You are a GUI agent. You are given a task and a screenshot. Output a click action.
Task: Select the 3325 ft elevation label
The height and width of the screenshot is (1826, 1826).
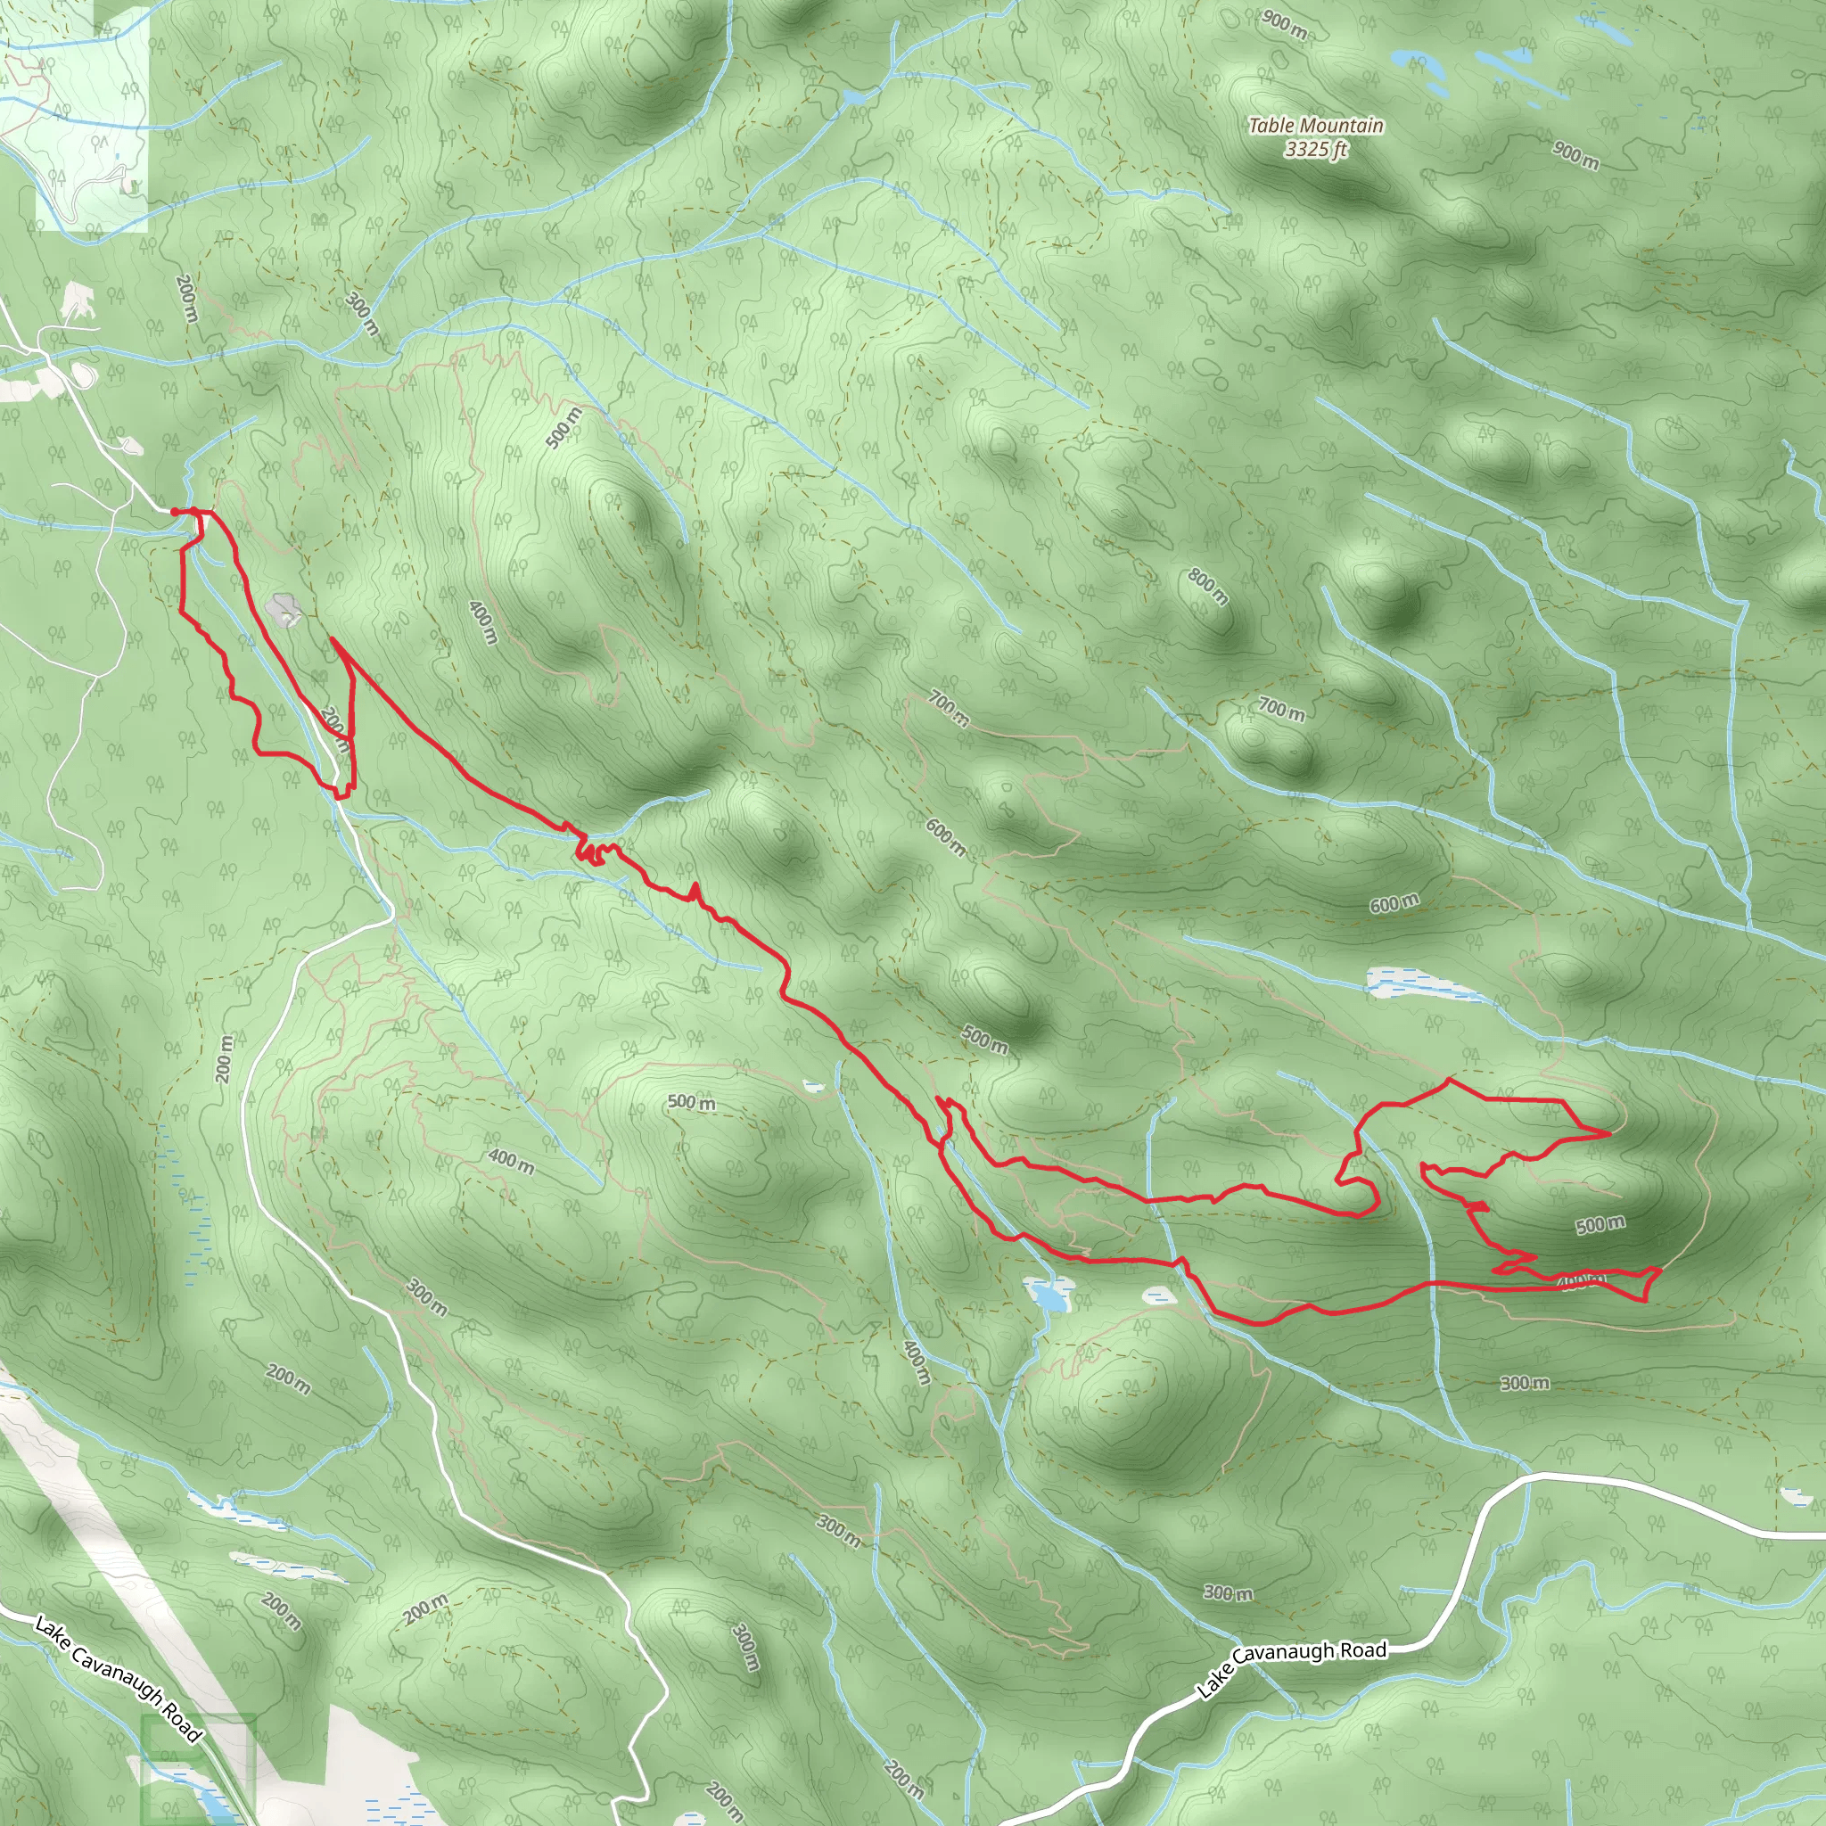tap(1316, 149)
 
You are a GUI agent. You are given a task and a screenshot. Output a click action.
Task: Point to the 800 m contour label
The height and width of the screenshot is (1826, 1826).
tap(1209, 587)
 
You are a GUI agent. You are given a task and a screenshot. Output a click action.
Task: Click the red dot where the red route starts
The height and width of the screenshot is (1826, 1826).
tap(175, 511)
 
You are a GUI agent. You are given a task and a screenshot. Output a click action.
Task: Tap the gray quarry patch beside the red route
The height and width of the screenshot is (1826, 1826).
tap(283, 610)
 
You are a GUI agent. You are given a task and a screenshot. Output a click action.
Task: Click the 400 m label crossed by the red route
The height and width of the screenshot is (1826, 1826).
tap(1579, 1280)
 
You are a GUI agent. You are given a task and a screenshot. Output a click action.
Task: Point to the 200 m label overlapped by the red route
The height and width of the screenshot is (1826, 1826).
tap(334, 728)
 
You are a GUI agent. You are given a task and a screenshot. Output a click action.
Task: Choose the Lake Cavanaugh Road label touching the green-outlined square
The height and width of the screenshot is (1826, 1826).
tap(119, 1678)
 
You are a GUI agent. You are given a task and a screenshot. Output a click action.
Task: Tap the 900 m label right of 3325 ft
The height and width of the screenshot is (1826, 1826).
tap(1575, 156)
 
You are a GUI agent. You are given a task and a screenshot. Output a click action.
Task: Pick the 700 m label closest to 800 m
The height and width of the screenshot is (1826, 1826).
tap(1281, 709)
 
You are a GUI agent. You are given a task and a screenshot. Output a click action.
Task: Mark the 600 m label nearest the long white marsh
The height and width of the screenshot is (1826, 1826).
tap(1394, 903)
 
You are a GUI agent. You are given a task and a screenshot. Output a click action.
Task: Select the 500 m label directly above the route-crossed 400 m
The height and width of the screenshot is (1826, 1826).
tap(1600, 1225)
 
